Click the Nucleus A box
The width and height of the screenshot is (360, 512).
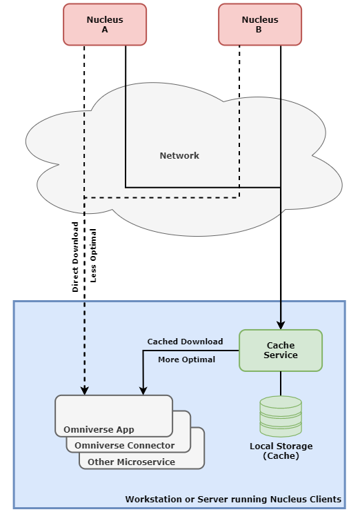[105, 24]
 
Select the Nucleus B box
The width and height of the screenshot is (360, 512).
[260, 24]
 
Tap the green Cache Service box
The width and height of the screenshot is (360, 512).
[281, 351]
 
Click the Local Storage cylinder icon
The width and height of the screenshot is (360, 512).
[281, 416]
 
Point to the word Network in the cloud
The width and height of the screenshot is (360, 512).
[179, 155]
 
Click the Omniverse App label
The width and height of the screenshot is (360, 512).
[99, 429]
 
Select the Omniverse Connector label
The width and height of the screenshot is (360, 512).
[124, 445]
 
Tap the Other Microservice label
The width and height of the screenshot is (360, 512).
[131, 462]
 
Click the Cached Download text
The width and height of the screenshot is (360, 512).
[185, 342]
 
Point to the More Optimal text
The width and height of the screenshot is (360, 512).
[186, 360]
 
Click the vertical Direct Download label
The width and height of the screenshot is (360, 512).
[75, 257]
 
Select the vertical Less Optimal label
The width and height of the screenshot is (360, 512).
[93, 255]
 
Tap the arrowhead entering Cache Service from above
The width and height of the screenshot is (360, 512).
[281, 325]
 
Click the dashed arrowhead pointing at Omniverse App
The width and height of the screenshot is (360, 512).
[85, 391]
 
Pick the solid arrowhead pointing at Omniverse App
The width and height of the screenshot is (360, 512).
[143, 391]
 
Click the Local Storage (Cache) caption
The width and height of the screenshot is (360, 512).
[281, 451]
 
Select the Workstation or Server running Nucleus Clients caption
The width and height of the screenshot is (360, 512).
[233, 500]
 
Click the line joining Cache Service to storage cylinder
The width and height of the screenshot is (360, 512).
[281, 384]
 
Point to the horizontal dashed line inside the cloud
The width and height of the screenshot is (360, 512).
[162, 197]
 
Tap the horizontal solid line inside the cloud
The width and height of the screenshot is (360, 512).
[203, 188]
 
